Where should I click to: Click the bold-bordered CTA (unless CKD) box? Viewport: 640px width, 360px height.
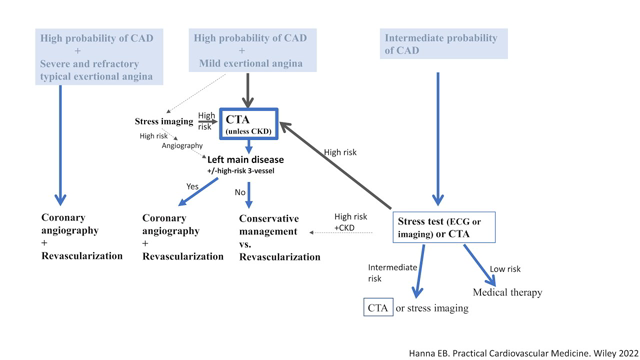tap(248, 124)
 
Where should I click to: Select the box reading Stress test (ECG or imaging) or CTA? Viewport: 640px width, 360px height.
tap(444, 228)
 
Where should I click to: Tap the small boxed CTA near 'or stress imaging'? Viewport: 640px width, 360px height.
tap(378, 308)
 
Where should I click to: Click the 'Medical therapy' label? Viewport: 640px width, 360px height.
tap(507, 293)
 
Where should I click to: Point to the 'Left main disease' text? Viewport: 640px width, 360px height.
tap(245, 160)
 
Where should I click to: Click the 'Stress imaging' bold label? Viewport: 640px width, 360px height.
tap(164, 122)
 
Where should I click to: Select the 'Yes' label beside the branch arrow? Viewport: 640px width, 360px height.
tap(192, 187)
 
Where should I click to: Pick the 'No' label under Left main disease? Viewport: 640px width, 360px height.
tap(239, 192)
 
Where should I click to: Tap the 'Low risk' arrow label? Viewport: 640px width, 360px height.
tap(504, 269)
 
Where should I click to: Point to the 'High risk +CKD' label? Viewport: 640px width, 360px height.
tap(350, 222)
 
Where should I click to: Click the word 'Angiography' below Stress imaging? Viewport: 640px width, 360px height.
tap(182, 146)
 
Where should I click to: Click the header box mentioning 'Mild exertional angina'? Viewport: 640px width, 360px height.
tap(250, 51)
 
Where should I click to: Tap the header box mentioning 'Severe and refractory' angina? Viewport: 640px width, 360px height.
tap(98, 57)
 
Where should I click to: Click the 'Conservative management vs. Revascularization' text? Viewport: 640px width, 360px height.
tap(279, 238)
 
